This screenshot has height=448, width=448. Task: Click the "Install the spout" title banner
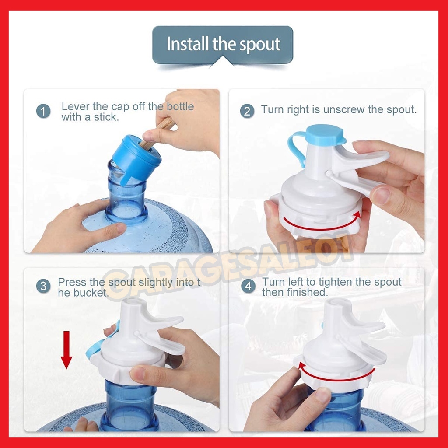[223, 45]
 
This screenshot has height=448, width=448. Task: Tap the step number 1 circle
[43, 111]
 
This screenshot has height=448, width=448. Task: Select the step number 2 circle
[247, 111]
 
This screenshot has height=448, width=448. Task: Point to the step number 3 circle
[43, 286]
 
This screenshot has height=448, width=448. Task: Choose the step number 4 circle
[248, 286]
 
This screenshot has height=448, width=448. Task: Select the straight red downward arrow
[66, 350]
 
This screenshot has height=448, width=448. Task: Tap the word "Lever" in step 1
[75, 107]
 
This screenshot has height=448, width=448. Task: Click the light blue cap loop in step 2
[296, 147]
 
